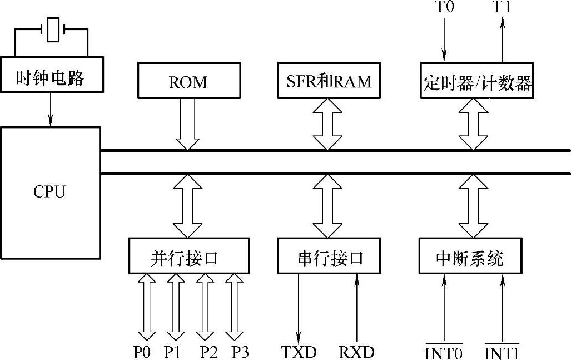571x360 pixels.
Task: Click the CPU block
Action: (x=51, y=192)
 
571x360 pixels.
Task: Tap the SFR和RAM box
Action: (x=328, y=82)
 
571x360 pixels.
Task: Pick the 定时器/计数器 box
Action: (x=477, y=83)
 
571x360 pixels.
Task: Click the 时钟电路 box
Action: (x=51, y=77)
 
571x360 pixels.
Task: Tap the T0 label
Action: (x=444, y=8)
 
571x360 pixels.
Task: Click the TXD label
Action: (x=299, y=352)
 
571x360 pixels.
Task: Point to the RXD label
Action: (x=356, y=352)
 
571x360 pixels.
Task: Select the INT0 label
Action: (x=444, y=352)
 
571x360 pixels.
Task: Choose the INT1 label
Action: (x=502, y=352)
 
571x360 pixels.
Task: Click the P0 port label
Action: (x=142, y=352)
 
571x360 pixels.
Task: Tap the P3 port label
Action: (x=241, y=352)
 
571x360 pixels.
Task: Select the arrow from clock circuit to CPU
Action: (x=51, y=109)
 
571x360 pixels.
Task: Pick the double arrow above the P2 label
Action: (x=205, y=307)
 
